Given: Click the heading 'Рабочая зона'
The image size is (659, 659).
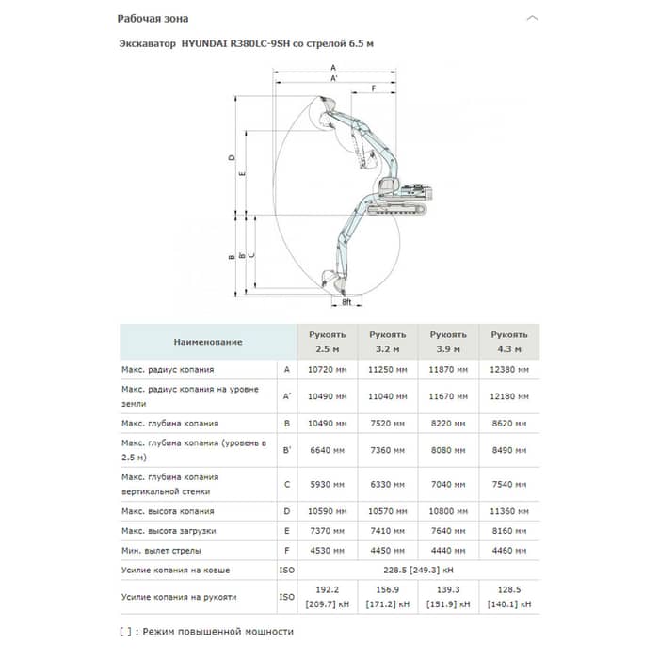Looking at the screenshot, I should coord(153,18).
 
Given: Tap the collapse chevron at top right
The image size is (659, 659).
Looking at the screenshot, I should coord(533,18).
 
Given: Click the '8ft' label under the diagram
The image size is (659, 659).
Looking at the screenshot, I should coord(346,302).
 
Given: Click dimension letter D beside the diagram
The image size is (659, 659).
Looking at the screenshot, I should coord(232,157).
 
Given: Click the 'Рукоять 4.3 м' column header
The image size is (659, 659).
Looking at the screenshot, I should coord(508,341).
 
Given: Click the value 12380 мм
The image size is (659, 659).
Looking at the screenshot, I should coord(508,370).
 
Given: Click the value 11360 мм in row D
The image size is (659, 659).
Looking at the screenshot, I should coord(508,511).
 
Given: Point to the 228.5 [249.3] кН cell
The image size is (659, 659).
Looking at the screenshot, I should coord(418,570).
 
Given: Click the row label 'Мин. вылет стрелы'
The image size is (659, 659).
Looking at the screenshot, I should coord(162,550).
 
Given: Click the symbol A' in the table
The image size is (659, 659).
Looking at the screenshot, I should coord(287,395).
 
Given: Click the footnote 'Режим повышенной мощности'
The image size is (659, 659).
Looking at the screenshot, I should coord(218,631).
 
